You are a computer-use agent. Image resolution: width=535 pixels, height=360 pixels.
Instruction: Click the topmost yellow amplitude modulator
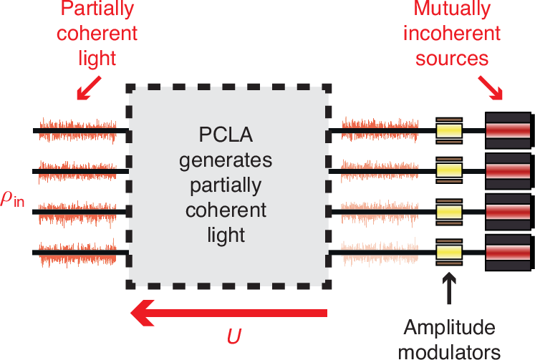[449, 131]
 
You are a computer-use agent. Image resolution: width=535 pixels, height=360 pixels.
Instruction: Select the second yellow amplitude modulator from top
[449, 171]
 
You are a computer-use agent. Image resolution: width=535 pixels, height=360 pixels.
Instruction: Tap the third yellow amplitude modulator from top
[449, 212]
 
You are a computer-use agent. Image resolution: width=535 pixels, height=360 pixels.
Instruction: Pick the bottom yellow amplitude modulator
[449, 252]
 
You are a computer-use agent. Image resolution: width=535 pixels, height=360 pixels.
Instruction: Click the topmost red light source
[508, 131]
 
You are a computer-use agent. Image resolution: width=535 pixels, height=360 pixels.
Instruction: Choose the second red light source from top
[508, 171]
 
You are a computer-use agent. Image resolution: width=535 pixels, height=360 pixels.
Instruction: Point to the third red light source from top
[508, 212]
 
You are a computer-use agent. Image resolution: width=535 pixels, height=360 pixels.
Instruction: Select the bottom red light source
[508, 252]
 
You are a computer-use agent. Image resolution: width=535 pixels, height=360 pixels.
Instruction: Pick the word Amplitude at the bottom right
[449, 328]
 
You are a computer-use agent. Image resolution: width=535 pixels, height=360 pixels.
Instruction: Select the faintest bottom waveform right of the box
[370, 252]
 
